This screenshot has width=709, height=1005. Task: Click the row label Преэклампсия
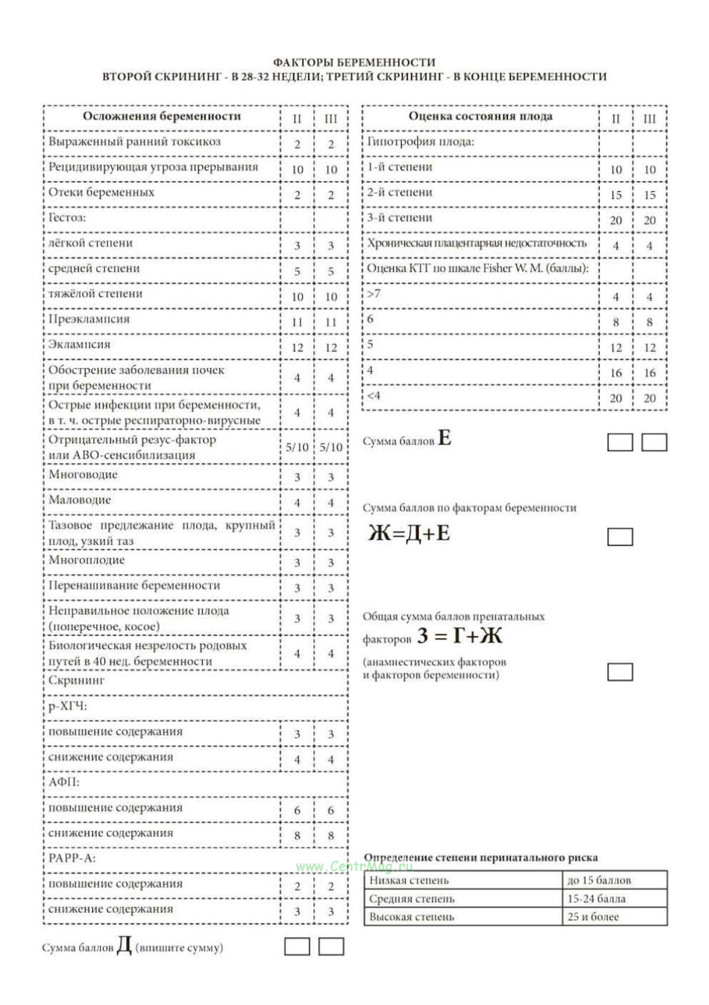(x=89, y=320)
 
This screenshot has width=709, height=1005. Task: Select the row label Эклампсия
(x=79, y=345)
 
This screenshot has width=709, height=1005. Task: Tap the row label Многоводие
(x=83, y=475)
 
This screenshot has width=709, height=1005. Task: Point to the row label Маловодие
(x=80, y=500)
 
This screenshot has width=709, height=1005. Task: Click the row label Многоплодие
(x=86, y=561)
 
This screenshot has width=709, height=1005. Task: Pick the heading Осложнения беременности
(x=161, y=117)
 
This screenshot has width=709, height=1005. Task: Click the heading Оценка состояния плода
(x=480, y=117)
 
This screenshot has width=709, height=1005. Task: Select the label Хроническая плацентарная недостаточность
(x=477, y=243)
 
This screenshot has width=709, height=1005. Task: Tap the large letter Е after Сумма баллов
(x=445, y=439)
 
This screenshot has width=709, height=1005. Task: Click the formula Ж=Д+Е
(x=409, y=533)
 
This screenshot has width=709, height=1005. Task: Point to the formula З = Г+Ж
(x=459, y=636)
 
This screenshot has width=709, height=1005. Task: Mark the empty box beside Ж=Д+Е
(x=620, y=537)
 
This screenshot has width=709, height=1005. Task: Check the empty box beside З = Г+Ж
(x=620, y=672)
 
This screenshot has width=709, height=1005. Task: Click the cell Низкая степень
(x=409, y=881)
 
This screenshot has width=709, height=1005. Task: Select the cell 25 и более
(x=593, y=917)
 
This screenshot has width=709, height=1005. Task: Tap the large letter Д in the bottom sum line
(x=124, y=945)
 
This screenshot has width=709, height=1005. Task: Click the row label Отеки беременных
(x=101, y=193)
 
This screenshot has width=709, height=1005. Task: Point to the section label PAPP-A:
(x=72, y=859)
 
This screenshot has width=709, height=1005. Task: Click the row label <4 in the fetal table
(x=374, y=395)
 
